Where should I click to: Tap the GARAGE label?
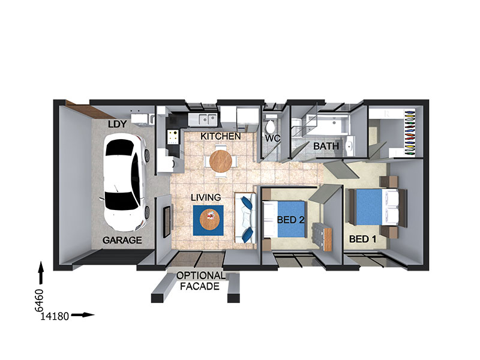pyautogui.click(x=122, y=241)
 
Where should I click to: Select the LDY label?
pyautogui.click(x=117, y=124)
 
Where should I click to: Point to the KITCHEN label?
pyautogui.click(x=221, y=136)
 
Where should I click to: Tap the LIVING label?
pyautogui.click(x=206, y=197)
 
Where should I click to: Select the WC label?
pyautogui.click(x=272, y=139)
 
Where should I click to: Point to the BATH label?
pyautogui.click(x=326, y=146)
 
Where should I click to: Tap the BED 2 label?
pyautogui.click(x=291, y=220)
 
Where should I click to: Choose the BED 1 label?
pyautogui.click(x=363, y=239)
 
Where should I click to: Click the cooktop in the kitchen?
pyautogui.click(x=173, y=137)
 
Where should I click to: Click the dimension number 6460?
pyautogui.click(x=40, y=301)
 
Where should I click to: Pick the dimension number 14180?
pyautogui.click(x=55, y=316)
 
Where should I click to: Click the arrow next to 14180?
pyautogui.click(x=83, y=314)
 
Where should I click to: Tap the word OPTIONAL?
pyautogui.click(x=201, y=275)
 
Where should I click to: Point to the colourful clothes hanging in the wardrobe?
pyautogui.click(x=410, y=133)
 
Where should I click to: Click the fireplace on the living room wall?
pyautogui.click(x=166, y=222)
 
